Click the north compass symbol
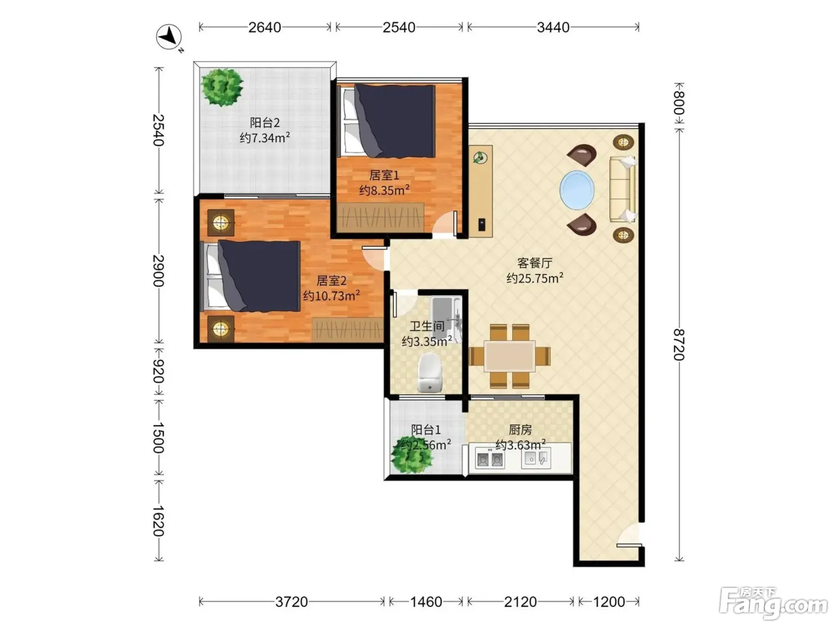pos(169,37)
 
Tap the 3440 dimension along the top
pos(552,28)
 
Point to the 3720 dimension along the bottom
pos(292,602)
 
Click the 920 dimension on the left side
pos(158,371)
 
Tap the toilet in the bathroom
pos(430,372)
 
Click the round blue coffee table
pos(576,190)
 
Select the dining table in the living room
pos(509,356)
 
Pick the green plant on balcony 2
pos(222,87)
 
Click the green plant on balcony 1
pos(412,455)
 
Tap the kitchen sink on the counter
pos(536,459)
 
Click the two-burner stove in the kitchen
pos(490,459)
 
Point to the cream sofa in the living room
pos(623,189)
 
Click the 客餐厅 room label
pos(535,263)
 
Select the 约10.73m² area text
pos(332,295)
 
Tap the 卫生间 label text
pos(427,326)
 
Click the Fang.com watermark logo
pos(773,603)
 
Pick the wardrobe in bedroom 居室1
pos(380,217)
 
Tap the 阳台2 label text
pos(265,123)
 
